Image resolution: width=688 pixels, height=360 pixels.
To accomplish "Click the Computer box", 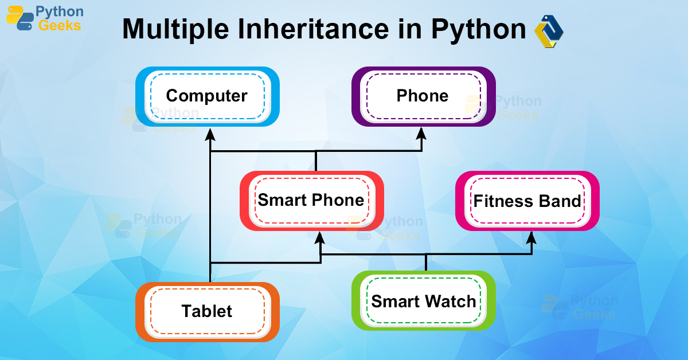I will pos(207,96).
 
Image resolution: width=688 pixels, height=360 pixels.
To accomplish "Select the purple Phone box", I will pos(423,96).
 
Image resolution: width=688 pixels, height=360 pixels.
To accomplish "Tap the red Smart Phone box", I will pos(311,201).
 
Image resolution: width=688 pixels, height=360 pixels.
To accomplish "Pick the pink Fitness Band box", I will pos(527,201).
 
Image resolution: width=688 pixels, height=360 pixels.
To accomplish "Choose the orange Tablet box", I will pos(207,312).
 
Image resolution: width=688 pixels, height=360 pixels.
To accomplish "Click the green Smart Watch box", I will pos(423,302).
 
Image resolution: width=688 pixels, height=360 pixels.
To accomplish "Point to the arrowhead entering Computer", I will pos(210,134).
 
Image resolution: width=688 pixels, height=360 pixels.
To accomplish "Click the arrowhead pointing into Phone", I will pos(421,134).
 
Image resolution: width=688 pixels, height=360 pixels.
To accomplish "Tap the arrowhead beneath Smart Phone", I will pos(320,237).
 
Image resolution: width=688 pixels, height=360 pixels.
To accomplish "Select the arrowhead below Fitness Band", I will pos(531,237).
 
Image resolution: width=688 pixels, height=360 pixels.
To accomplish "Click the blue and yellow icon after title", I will pos(549,31).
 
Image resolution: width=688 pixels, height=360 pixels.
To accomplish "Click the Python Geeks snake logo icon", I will pos(19,18).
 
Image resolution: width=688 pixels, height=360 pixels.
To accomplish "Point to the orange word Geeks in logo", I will pos(59,25).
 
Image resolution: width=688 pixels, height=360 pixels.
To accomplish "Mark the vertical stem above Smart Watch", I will pos(425,263).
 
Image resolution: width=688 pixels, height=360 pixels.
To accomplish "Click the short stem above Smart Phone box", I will pos(315,161).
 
